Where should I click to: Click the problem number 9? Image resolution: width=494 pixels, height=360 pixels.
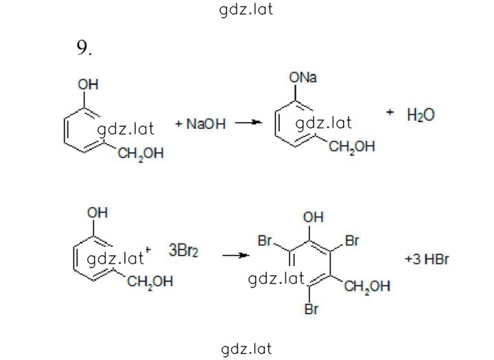84,48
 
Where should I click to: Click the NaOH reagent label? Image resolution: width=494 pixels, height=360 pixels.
206,124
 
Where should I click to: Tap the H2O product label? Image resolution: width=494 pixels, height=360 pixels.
421,115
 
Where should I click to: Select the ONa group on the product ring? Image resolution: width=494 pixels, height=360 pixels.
303,77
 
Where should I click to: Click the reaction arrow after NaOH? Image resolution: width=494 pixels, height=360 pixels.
248,122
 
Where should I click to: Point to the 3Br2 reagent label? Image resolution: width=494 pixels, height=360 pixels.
184,251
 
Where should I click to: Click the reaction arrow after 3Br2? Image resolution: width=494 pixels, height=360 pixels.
235,255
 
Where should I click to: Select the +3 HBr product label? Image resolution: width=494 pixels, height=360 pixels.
427,259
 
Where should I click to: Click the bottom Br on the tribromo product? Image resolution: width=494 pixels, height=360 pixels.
311,309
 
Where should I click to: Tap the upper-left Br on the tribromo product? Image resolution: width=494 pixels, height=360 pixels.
265,241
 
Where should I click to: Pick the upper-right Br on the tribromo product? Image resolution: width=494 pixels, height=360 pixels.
352,241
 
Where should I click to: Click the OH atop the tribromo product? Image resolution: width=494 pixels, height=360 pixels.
313,217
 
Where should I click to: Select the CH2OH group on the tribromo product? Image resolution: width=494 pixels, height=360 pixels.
367,287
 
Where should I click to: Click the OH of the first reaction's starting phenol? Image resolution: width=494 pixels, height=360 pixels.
89,84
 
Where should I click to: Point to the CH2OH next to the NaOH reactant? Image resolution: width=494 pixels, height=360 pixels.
141,154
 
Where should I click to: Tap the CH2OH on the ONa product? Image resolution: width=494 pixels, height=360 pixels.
352,147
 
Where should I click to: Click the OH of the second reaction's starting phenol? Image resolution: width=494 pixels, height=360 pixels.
97,213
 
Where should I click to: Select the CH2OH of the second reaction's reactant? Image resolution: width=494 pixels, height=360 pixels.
150,282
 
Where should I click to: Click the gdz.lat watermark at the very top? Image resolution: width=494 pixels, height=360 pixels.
246,10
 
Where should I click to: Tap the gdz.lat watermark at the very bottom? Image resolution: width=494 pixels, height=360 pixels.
246,349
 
